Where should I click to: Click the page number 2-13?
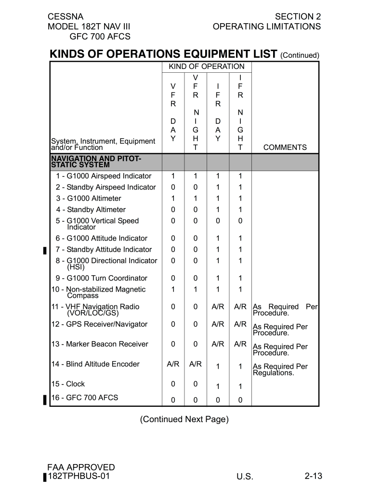(313, 476)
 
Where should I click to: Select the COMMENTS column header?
(285, 147)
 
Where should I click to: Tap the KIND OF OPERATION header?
(206, 67)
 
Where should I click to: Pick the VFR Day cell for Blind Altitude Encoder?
(173, 364)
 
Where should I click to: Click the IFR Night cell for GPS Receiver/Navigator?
(240, 324)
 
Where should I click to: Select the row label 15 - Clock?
(68, 384)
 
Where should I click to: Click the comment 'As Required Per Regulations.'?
(280, 370)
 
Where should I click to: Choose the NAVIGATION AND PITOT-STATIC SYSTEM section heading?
(96, 162)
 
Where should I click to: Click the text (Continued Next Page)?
(184, 419)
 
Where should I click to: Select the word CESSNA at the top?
(66, 16)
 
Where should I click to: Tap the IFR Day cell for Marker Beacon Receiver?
(218, 344)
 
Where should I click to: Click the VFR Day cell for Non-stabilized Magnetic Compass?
(173, 289)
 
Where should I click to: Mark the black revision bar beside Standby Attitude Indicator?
(45, 250)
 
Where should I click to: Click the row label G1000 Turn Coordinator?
(102, 278)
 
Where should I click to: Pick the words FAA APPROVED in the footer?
(81, 467)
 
